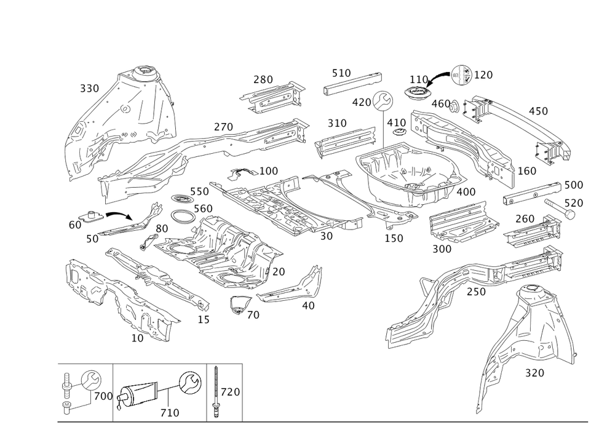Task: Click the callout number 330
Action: (x=89, y=89)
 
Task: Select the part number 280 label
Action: (x=263, y=79)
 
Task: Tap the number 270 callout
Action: (x=223, y=127)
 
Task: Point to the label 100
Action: (x=268, y=170)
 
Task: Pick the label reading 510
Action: (x=341, y=73)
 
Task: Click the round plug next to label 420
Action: (x=384, y=98)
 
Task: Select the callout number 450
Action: (x=538, y=111)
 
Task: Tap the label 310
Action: (x=336, y=124)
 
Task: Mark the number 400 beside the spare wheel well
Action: (x=467, y=192)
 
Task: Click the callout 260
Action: (x=525, y=219)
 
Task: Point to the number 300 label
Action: (x=442, y=249)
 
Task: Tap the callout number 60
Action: (x=74, y=225)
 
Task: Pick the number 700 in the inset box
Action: (x=103, y=396)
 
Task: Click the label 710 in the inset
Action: (x=169, y=413)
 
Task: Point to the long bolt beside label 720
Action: (x=216, y=391)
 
